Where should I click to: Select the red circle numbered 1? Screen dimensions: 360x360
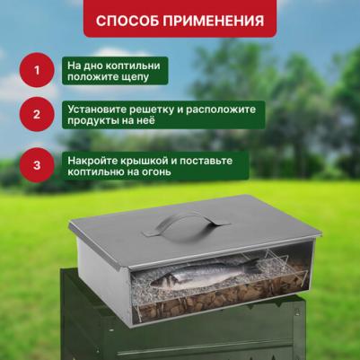(x=37, y=70)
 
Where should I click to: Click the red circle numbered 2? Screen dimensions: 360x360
(x=37, y=114)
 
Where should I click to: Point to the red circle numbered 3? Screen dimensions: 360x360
(x=37, y=165)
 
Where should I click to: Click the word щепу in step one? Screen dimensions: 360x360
(x=135, y=77)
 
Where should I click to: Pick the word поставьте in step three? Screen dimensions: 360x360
(x=206, y=161)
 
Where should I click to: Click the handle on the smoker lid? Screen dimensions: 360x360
(x=186, y=224)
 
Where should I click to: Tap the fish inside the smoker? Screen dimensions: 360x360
(x=204, y=274)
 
